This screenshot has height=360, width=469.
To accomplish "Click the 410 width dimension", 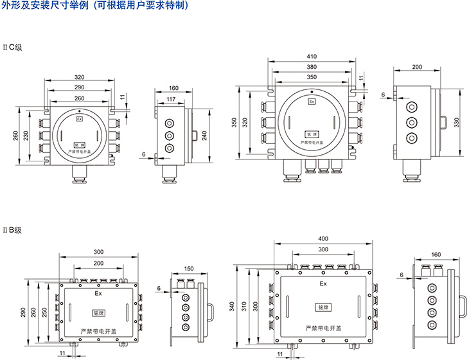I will pyautogui.click(x=312, y=56).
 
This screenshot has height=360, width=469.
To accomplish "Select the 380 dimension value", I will pyautogui.click(x=312, y=66).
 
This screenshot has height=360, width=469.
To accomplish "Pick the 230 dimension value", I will pyautogui.click(x=25, y=136).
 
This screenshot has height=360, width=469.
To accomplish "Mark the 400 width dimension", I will pyautogui.click(x=323, y=239).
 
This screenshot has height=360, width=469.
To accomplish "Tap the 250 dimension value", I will pyautogui.click(x=44, y=310).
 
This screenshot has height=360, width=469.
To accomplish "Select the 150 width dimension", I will pyautogui.click(x=189, y=268).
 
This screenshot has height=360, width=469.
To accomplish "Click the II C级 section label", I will pyautogui.click(x=12, y=47).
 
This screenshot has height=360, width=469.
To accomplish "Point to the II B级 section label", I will pyautogui.click(x=12, y=230).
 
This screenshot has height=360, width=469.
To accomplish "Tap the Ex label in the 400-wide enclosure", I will pyautogui.click(x=323, y=283).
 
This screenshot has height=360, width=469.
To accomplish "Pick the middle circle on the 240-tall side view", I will pyautogui.click(x=170, y=136).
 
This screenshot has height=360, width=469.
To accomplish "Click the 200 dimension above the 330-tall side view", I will pyautogui.click(x=417, y=66).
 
